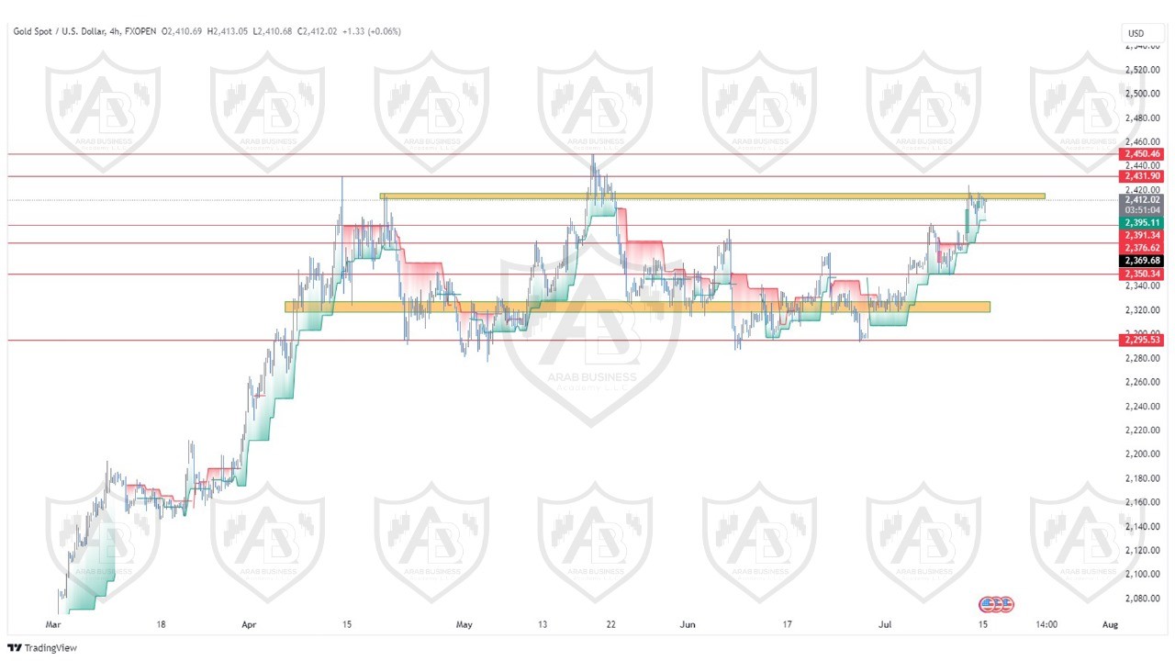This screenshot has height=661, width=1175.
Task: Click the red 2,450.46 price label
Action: pos(1141,154)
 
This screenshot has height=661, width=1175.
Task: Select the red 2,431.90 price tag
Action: pos(1141,175)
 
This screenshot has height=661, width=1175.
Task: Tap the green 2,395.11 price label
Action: pos(1141,222)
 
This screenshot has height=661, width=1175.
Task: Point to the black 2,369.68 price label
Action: pos(1141,261)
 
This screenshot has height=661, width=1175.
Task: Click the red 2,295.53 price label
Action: pos(1141,340)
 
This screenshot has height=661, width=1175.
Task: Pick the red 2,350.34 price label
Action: pos(1141,274)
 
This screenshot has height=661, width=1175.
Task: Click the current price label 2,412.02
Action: pos(1141,199)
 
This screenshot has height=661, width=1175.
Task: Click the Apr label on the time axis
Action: pos(249,624)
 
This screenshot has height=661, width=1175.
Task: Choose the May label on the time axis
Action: pos(464,624)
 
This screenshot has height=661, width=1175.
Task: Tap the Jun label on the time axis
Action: pos(688,624)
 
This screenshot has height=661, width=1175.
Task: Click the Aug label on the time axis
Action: pos(1109,624)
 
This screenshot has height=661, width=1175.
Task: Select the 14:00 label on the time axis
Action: pos(1046,624)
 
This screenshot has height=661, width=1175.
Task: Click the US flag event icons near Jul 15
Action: pos(996,604)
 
